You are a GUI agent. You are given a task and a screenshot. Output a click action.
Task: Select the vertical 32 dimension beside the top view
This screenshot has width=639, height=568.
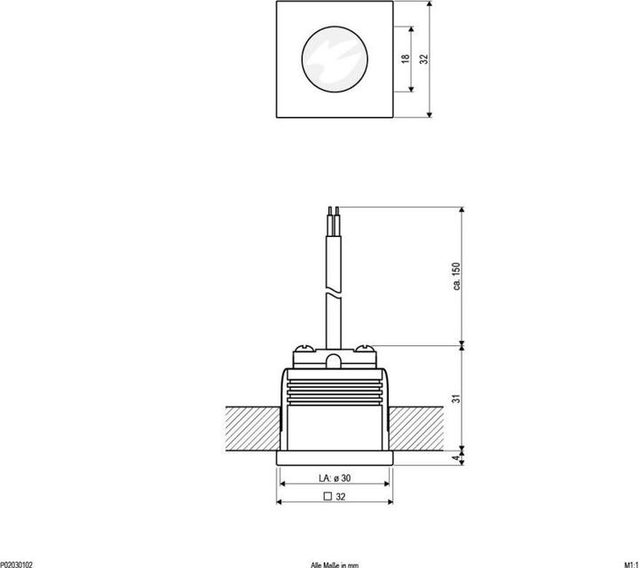[423, 59]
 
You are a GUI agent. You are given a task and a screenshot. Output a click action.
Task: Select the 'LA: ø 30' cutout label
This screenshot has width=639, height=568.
[335, 478]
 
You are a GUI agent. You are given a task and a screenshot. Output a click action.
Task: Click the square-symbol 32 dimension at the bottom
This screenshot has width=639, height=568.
[335, 498]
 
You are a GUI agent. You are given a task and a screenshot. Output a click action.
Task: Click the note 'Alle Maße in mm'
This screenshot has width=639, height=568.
[335, 564]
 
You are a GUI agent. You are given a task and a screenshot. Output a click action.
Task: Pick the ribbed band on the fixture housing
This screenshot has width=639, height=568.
[335, 391]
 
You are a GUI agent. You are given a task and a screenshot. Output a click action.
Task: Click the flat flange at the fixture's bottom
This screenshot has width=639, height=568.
[335, 457]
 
